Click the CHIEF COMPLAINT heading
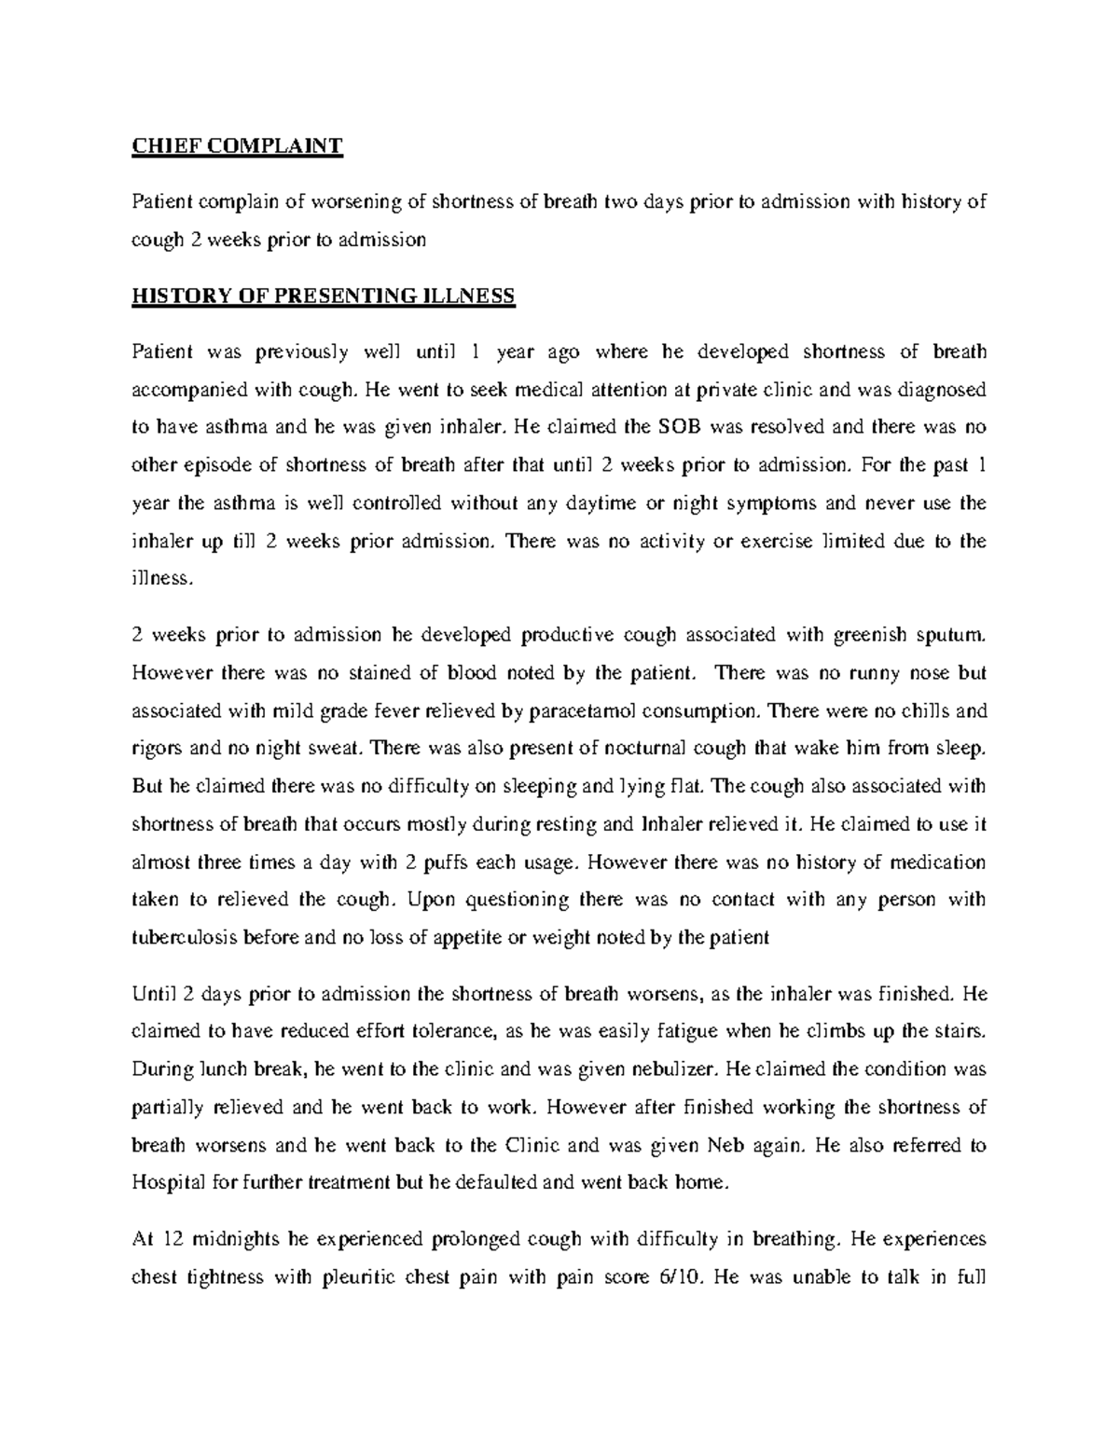[238, 145]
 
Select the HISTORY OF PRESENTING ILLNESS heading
[323, 296]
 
